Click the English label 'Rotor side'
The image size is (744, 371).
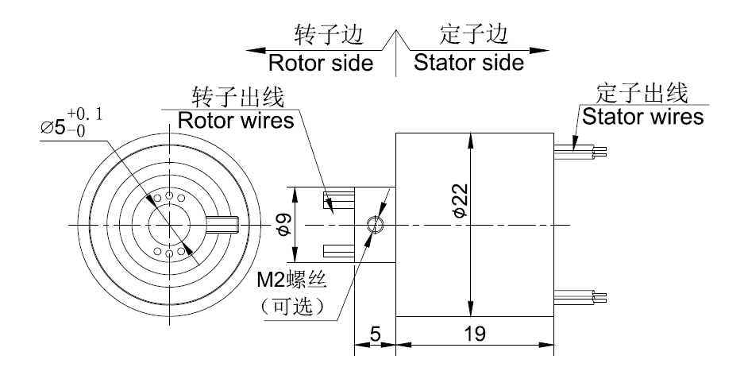click(320, 63)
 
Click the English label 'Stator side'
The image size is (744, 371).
click(468, 63)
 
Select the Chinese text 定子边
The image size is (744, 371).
click(473, 35)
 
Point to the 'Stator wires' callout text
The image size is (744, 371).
click(642, 117)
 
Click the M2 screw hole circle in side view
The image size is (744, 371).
click(376, 225)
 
